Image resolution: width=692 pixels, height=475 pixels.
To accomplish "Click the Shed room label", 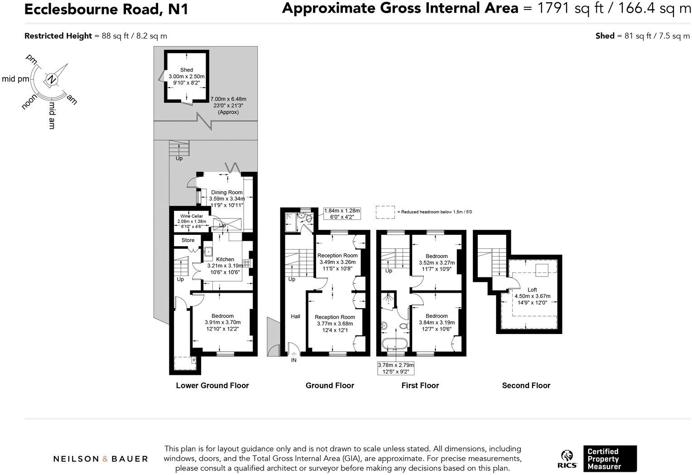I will [x=186, y=70].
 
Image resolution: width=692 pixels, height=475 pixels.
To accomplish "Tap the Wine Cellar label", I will [x=192, y=216].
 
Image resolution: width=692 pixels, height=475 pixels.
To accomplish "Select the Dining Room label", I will [x=226, y=193].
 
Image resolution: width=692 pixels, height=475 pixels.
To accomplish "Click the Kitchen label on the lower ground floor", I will [x=225, y=259].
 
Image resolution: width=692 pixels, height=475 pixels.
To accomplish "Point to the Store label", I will [x=188, y=240].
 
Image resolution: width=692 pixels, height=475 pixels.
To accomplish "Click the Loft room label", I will [x=532, y=290].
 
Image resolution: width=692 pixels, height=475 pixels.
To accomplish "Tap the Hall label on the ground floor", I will [x=295, y=316].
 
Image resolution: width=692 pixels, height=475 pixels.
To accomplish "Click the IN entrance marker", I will [x=294, y=360].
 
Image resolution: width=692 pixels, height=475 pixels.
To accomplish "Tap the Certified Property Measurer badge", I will [x=609, y=459].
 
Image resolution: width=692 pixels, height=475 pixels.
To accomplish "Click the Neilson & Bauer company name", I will [x=101, y=459].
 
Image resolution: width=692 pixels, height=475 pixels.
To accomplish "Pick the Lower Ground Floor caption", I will [x=212, y=386].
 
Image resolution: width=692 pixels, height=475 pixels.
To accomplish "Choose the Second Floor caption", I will [x=526, y=386].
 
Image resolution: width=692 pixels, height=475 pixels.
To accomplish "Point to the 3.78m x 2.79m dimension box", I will [x=396, y=368].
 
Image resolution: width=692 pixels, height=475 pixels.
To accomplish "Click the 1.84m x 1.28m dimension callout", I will [x=342, y=213].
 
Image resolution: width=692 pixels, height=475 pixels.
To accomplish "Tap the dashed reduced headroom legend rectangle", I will [x=385, y=212].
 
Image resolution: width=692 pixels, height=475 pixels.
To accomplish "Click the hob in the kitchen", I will [x=247, y=263].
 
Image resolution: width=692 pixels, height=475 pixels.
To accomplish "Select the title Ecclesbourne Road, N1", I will [x=106, y=9].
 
